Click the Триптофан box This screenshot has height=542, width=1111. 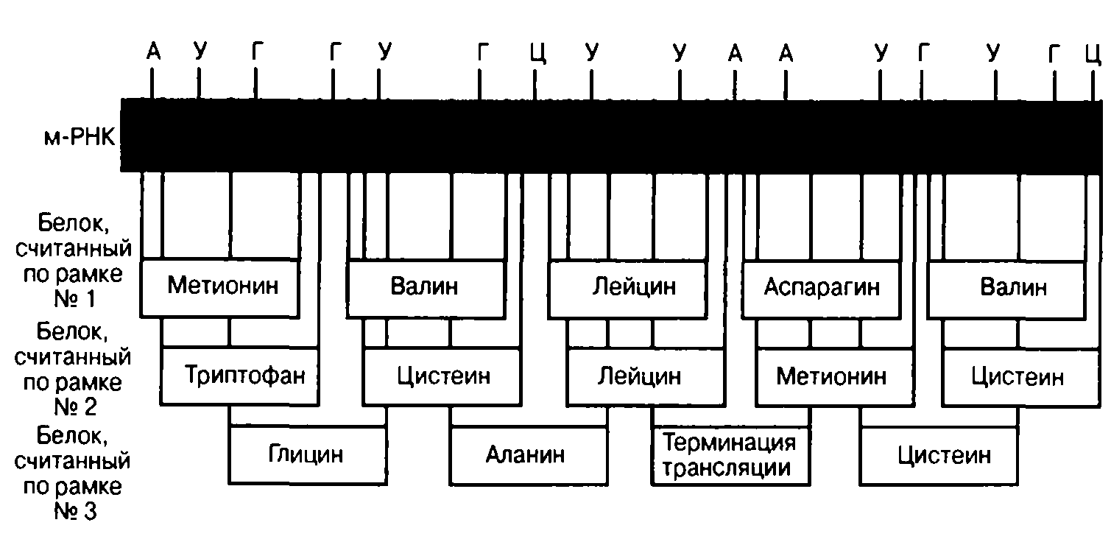(239, 376)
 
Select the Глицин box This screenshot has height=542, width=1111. (308, 454)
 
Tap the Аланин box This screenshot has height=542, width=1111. (529, 454)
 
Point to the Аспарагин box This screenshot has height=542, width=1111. (822, 289)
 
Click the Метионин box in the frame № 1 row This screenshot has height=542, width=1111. (220, 287)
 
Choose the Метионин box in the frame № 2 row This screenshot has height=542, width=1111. (835, 377)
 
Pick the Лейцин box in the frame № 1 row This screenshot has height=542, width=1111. (628, 288)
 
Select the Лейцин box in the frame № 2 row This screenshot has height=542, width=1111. (646, 376)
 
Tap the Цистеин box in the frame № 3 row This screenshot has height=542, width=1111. (939, 456)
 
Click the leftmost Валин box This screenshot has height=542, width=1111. (426, 288)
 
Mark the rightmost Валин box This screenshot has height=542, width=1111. (1007, 289)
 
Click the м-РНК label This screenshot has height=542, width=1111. (80, 137)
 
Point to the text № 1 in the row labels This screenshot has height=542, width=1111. (74, 299)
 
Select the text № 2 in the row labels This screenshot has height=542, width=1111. (75, 406)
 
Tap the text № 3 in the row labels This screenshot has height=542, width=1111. (75, 511)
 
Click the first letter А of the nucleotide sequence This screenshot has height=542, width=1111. (154, 51)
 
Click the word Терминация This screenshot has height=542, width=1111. (729, 443)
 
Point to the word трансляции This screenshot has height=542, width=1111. (727, 468)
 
